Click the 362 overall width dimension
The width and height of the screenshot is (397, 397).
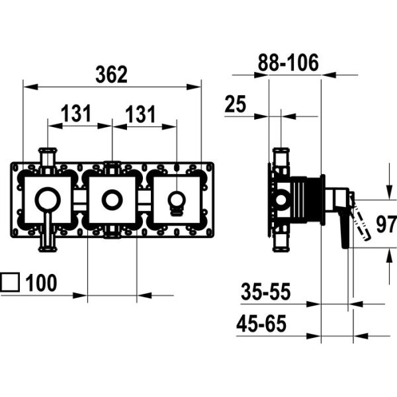pos(111,74)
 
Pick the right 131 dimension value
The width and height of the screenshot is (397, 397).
pos(140,114)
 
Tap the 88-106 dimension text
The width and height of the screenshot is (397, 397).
pos(288,62)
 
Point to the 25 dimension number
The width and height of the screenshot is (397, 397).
pos(235,104)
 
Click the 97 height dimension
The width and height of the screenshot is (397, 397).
pos(386,224)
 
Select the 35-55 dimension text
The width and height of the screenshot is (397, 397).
pos(265,292)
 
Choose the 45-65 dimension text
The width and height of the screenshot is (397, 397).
pos(261,324)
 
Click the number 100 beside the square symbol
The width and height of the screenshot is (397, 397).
pos(41,283)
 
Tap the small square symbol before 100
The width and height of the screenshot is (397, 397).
pos(10,282)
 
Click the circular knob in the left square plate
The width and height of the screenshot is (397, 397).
pos(48,200)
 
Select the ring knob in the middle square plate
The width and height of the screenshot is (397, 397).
pos(112,200)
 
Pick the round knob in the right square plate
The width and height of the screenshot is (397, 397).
pos(177,201)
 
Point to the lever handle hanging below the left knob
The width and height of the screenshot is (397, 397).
pos(48,232)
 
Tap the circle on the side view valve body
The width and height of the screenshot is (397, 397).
pos(281,200)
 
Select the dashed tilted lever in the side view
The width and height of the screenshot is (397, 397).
pos(359,217)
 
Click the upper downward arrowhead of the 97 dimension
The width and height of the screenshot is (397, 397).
pos(390,193)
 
